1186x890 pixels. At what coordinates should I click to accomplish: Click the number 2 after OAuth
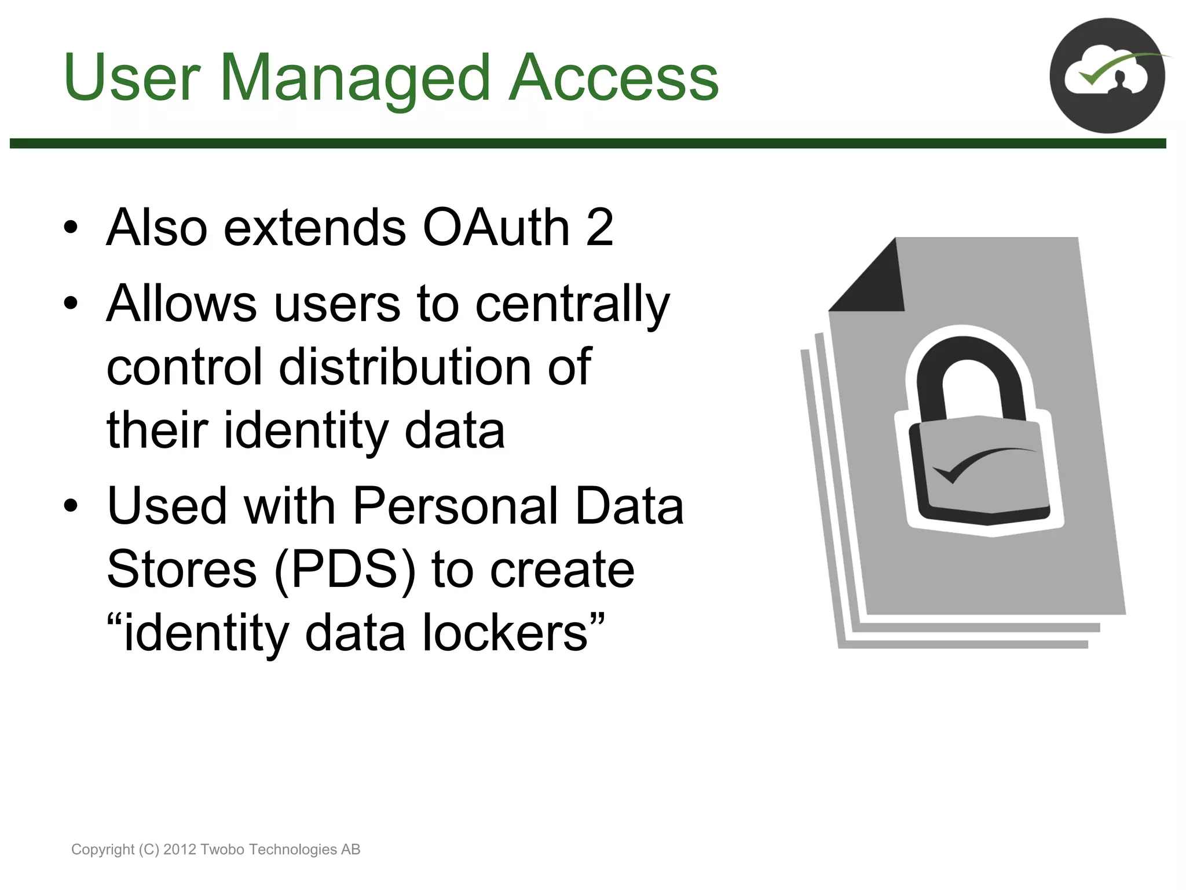pyautogui.click(x=599, y=227)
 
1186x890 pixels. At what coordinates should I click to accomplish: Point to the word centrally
pyautogui.click(x=572, y=305)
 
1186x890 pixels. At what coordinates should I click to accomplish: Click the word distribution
pyautogui.click(x=405, y=367)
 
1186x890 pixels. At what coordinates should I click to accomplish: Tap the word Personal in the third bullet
pyautogui.click(x=455, y=506)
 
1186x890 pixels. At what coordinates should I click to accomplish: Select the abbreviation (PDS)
pyautogui.click(x=345, y=570)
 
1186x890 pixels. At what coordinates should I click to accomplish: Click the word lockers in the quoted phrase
pyautogui.click(x=506, y=633)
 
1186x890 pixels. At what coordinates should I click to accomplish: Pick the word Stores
pyautogui.click(x=182, y=570)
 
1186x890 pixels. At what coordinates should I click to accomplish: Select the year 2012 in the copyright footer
pyautogui.click(x=180, y=849)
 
